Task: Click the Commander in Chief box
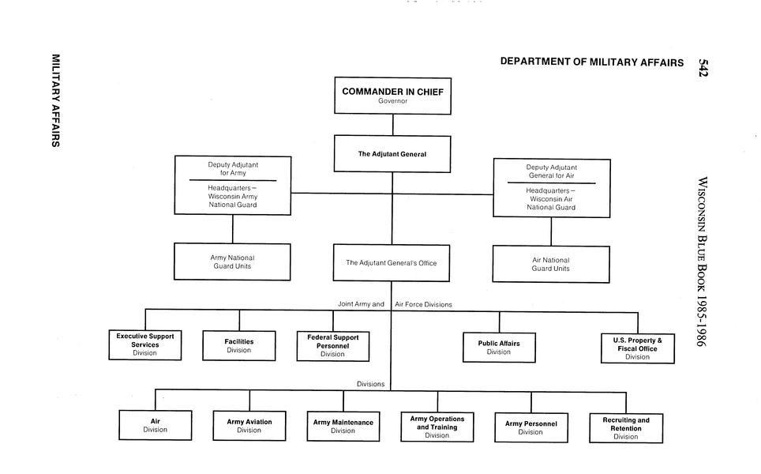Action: click(392, 96)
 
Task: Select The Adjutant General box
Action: click(392, 154)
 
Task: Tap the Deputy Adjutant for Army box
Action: click(233, 185)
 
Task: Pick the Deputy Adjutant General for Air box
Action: click(551, 187)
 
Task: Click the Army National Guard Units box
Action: click(233, 261)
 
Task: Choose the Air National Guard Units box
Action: click(551, 264)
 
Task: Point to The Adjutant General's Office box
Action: click(391, 263)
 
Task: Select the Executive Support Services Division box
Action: click(145, 345)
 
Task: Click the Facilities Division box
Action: click(239, 345)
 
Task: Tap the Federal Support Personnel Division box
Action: click(332, 345)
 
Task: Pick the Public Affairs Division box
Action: click(499, 347)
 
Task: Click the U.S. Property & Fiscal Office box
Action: click(637, 348)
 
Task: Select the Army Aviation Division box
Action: click(249, 426)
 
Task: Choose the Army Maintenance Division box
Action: click(343, 427)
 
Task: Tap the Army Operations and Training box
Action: click(437, 427)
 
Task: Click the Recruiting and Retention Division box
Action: click(626, 428)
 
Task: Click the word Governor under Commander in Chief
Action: click(392, 101)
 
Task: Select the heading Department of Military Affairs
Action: click(591, 62)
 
